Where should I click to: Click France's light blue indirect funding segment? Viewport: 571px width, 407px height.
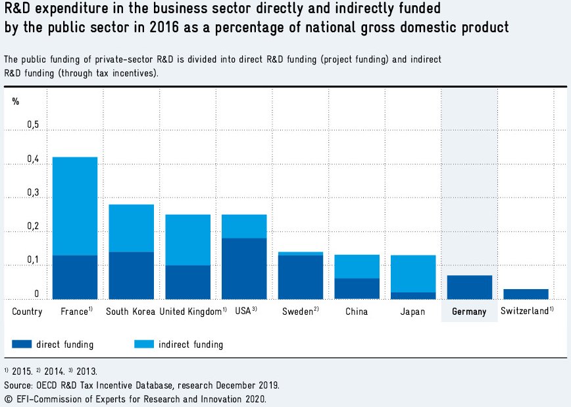click(75, 206)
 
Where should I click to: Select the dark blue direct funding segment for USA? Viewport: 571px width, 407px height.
click(244, 269)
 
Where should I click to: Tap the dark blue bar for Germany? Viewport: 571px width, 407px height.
click(469, 287)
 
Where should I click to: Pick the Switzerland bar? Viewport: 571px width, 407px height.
click(526, 294)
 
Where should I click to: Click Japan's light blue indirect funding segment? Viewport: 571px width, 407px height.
click(413, 273)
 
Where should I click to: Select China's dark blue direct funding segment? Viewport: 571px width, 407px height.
click(357, 288)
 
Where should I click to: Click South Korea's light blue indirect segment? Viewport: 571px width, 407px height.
click(132, 228)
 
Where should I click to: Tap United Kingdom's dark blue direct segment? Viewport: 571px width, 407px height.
click(188, 282)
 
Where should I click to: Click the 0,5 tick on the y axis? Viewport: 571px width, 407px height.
click(33, 125)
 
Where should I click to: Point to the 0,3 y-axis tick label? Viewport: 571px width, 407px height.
click(33, 193)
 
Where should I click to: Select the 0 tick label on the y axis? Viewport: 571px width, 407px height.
click(37, 294)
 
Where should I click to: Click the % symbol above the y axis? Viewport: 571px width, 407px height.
click(16, 101)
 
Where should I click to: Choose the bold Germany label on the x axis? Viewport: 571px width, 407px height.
click(469, 312)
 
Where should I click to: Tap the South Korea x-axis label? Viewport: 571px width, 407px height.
click(131, 312)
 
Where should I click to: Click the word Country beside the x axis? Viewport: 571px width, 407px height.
click(27, 312)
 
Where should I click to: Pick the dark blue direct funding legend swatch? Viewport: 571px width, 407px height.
click(30, 344)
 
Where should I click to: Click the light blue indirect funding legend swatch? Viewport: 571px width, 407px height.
click(153, 344)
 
